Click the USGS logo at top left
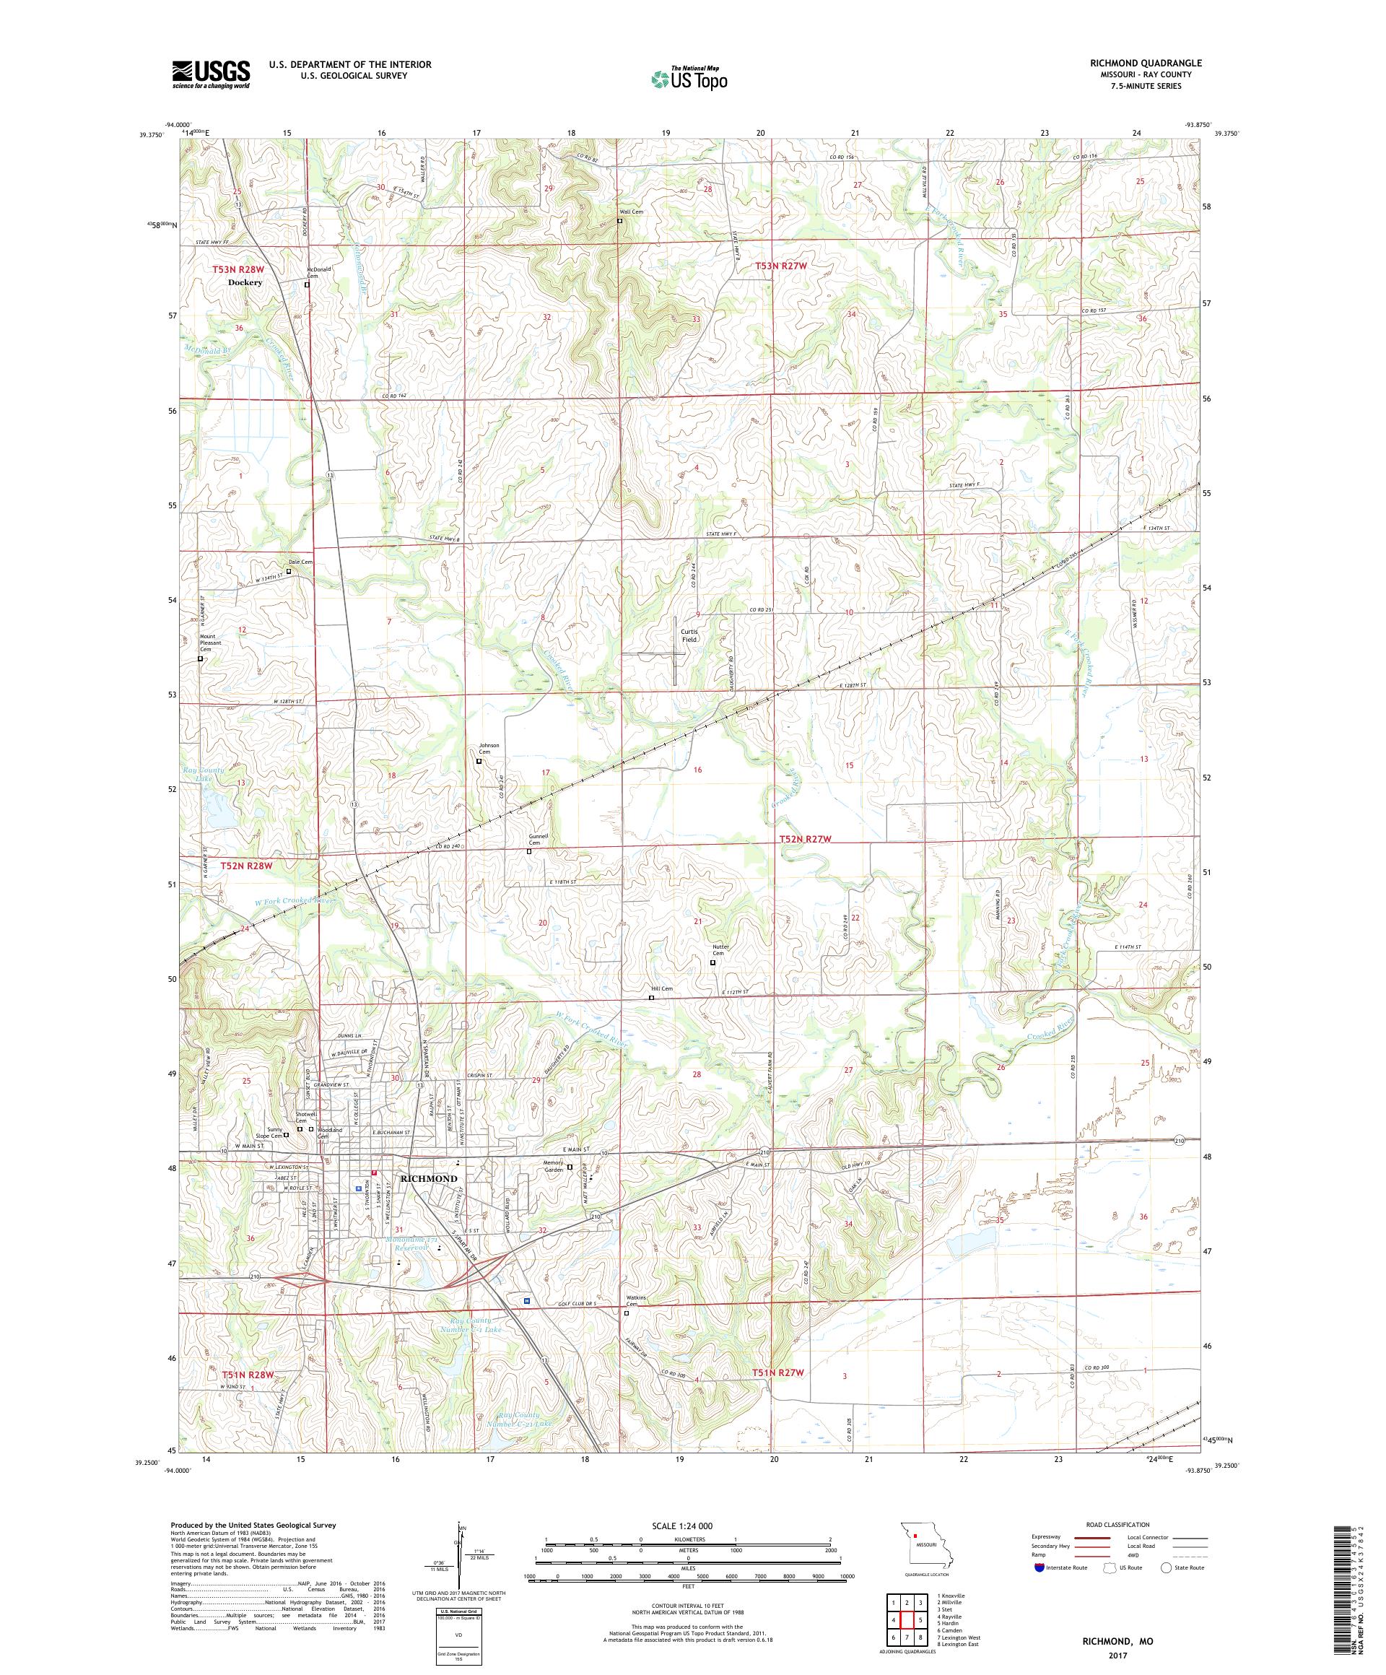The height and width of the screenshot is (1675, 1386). pos(211,74)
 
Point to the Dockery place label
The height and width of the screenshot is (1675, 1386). pos(245,282)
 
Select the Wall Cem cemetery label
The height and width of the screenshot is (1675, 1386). pos(631,212)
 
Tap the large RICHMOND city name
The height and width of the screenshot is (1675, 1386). pos(431,1178)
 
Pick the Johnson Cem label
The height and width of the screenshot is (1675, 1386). pos(488,748)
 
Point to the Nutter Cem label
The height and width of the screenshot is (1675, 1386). pos(718,950)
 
